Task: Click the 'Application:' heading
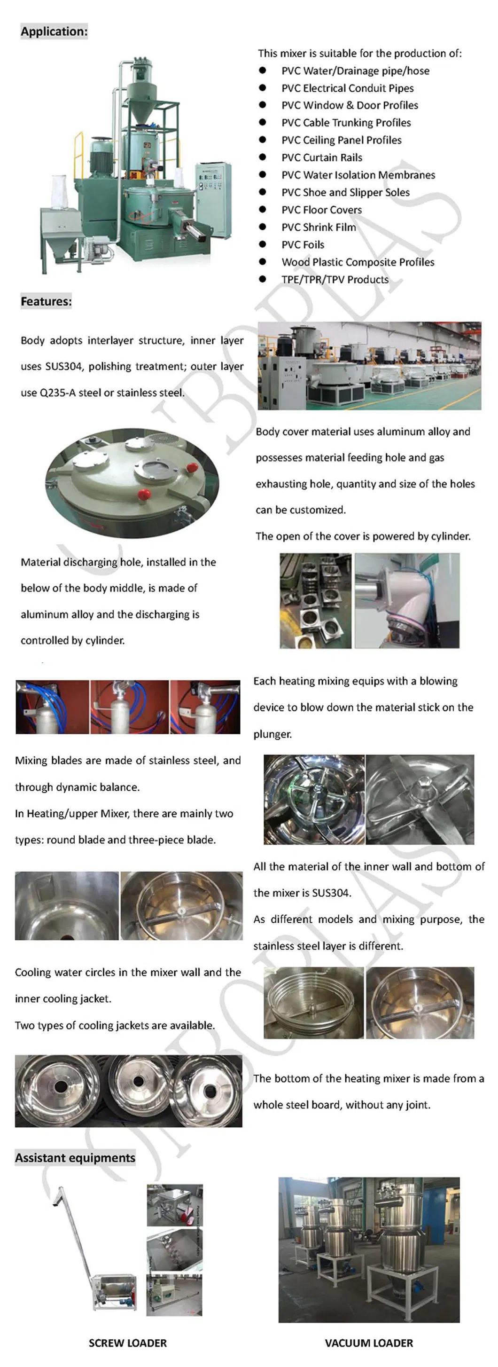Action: [54, 31]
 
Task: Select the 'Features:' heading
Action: [46, 301]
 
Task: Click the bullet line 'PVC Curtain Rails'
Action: [322, 157]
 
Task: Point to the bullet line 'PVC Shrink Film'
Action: [319, 227]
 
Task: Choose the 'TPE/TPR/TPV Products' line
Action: [335, 280]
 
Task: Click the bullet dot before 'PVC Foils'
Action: [263, 244]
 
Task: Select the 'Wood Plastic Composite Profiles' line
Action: [358, 262]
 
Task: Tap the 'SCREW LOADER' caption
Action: [128, 1343]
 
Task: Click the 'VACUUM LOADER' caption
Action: [369, 1343]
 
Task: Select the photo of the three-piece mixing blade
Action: [420, 799]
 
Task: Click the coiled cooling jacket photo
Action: [314, 1002]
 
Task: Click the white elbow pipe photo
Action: [407, 601]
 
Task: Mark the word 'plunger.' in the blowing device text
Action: [272, 734]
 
